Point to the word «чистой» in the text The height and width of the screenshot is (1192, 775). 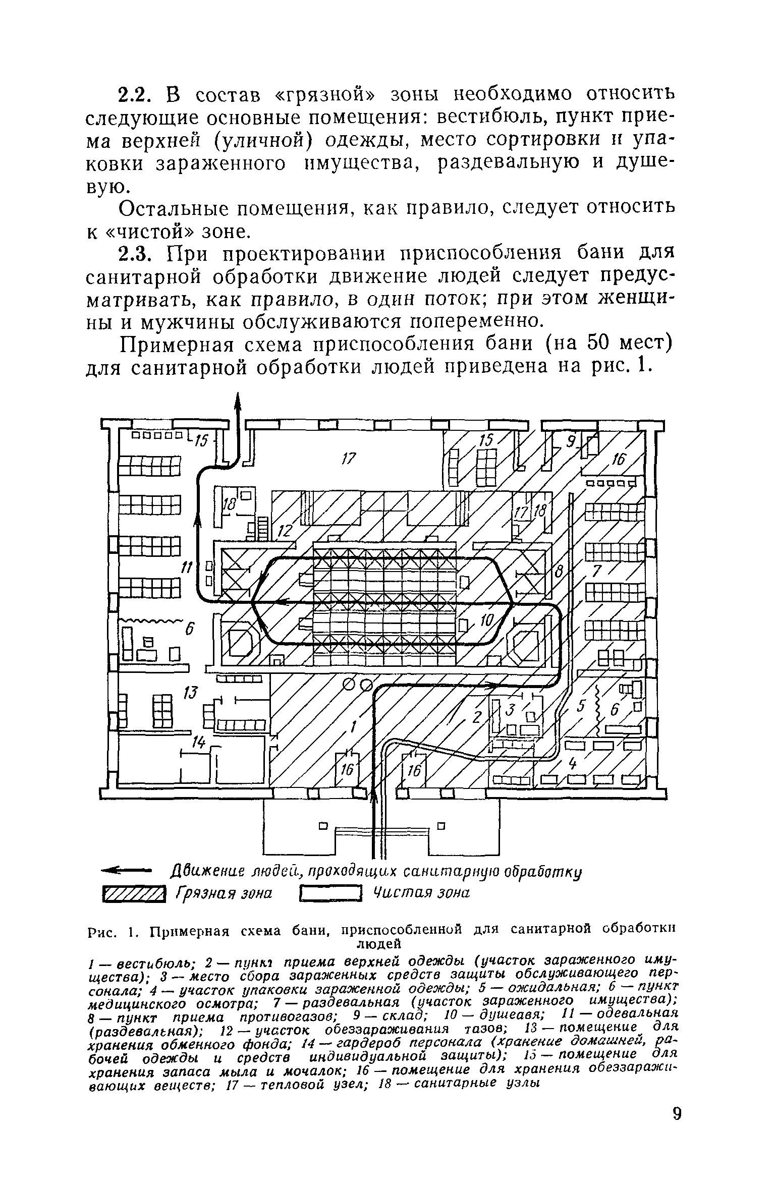click(x=150, y=231)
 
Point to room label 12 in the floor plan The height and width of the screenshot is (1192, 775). click(x=285, y=530)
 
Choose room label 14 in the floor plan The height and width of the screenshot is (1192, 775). click(x=199, y=741)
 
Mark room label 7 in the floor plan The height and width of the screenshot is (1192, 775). click(x=597, y=570)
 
